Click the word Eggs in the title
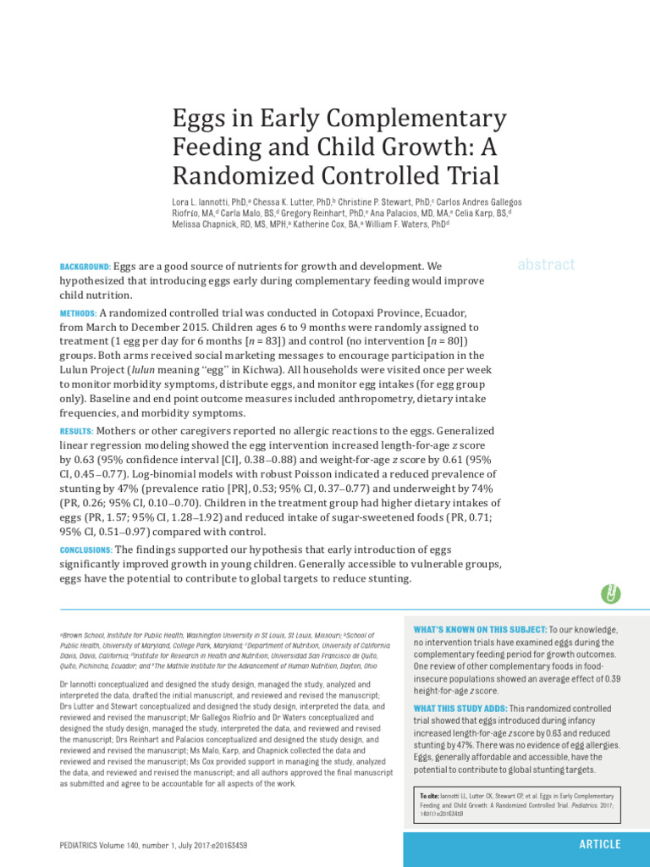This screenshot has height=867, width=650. tap(199, 119)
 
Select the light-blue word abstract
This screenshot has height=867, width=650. tap(546, 264)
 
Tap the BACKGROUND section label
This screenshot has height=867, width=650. tap(85, 267)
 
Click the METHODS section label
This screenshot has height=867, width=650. tap(79, 313)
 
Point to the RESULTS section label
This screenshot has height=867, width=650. tap(77, 431)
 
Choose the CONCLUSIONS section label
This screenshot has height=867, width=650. tap(85, 549)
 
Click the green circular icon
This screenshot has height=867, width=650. tap(609, 594)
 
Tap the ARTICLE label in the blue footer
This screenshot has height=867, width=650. tap(599, 844)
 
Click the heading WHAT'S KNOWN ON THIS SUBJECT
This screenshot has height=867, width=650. tap(479, 630)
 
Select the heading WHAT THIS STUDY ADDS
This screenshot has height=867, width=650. tap(460, 708)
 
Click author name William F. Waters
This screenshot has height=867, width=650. tap(396, 225)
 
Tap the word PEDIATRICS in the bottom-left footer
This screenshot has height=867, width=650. tap(85, 845)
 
